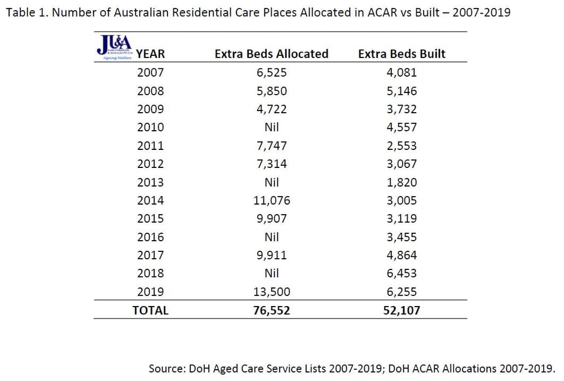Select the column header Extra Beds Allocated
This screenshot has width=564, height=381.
click(x=271, y=54)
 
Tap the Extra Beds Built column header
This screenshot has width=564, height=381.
click(x=402, y=54)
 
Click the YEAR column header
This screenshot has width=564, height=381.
click(x=151, y=54)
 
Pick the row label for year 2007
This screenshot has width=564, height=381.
click(x=151, y=72)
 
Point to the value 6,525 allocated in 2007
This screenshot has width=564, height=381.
click(x=271, y=72)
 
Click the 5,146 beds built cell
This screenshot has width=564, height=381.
click(x=402, y=91)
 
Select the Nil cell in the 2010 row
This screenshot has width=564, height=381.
click(x=271, y=127)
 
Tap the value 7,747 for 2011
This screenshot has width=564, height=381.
click(x=271, y=145)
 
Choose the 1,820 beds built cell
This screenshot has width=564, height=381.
click(x=402, y=182)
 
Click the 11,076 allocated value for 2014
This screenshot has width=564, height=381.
click(x=271, y=200)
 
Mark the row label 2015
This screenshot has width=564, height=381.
click(x=151, y=218)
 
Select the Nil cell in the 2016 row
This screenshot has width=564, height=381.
click(x=271, y=237)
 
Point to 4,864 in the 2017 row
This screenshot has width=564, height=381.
click(x=402, y=255)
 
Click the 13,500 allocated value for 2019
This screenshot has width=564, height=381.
click(x=271, y=291)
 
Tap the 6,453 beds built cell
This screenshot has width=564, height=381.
click(x=402, y=273)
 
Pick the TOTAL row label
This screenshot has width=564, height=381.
click(x=151, y=310)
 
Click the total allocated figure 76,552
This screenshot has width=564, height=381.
click(x=271, y=310)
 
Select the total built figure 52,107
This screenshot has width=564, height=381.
click(x=402, y=310)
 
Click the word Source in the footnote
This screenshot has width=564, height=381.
click(x=166, y=369)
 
